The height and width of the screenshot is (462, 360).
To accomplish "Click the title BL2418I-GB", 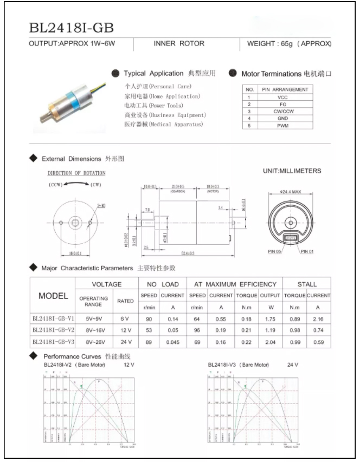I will [72, 27].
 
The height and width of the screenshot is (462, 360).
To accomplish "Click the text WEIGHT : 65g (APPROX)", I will [288, 44].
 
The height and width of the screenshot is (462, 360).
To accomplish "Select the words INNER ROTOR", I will [179, 44].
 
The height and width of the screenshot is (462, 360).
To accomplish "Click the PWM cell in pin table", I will [282, 125].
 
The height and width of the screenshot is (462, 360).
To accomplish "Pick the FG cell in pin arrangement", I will [282, 103].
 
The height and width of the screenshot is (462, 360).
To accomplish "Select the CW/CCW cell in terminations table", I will [282, 110].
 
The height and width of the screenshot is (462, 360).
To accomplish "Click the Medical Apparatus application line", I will [164, 125].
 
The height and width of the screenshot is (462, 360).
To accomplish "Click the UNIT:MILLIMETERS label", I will [292, 171].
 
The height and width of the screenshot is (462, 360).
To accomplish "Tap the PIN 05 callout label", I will [275, 251].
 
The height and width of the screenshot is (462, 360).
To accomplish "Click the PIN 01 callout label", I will [307, 251].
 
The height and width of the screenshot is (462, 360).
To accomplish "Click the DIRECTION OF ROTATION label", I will [76, 173].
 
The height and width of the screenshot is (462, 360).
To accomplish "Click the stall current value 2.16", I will [319, 320].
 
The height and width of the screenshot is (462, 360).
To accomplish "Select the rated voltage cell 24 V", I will [125, 342].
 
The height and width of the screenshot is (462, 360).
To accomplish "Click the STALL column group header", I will [307, 284].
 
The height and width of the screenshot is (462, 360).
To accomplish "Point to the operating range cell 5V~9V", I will [94, 320].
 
